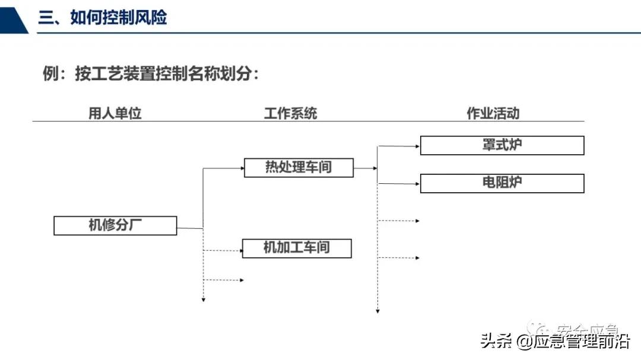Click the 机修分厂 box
click(115, 226)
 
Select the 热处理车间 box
click(299, 168)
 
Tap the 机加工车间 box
click(297, 248)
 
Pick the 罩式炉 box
click(502, 145)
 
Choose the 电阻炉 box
click(502, 183)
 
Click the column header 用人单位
click(115, 113)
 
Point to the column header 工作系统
click(290, 113)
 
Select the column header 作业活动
click(493, 113)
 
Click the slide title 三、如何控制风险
click(103, 17)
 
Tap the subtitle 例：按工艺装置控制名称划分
click(151, 74)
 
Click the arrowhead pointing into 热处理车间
click(242, 168)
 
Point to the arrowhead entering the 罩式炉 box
click(417, 145)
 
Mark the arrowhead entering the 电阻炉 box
click(417, 183)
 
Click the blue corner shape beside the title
click(13, 17)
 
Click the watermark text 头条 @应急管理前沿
click(554, 342)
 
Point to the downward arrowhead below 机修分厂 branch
click(203, 300)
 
